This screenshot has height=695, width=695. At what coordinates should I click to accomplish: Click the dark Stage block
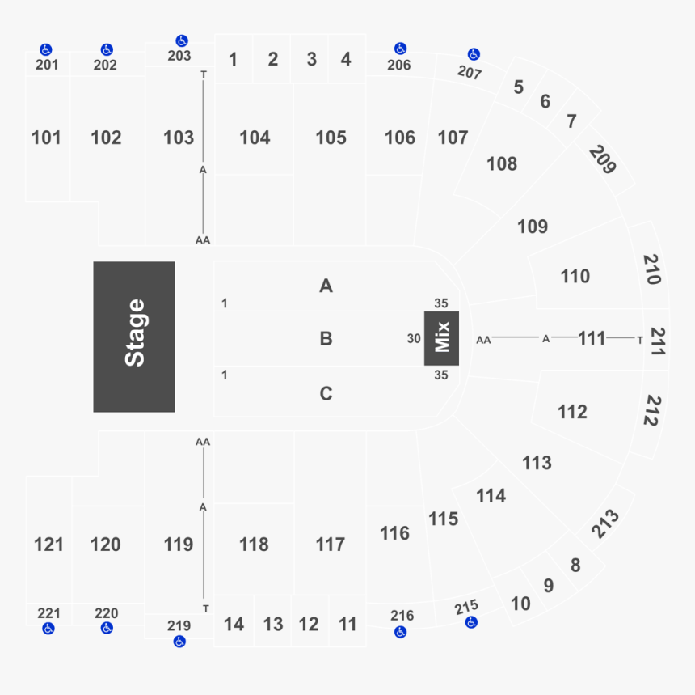pyautogui.click(x=134, y=337)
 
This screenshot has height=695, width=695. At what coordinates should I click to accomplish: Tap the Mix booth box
pyautogui.click(x=441, y=337)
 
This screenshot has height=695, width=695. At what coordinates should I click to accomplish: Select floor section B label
pyautogui.click(x=326, y=338)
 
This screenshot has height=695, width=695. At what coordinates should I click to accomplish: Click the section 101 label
pyautogui.click(x=46, y=138)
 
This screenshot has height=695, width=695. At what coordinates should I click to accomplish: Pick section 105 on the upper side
pyautogui.click(x=331, y=138)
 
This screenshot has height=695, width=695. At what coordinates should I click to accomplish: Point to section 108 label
pyautogui.click(x=502, y=163)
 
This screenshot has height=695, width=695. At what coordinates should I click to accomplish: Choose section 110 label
pyautogui.click(x=575, y=276)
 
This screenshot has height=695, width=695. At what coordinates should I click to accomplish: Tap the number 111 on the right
pyautogui.click(x=592, y=338)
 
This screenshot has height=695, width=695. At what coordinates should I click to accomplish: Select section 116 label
pyautogui.click(x=394, y=533)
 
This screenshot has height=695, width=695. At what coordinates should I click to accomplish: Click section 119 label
pyautogui.click(x=179, y=545)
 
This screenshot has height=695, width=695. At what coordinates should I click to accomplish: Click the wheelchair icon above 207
pyautogui.click(x=474, y=54)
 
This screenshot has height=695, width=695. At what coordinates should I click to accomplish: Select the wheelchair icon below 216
pyautogui.click(x=401, y=632)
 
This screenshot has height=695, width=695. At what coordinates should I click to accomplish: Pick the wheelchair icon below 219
pyautogui.click(x=179, y=642)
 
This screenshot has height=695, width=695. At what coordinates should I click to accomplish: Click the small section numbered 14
pyautogui.click(x=234, y=624)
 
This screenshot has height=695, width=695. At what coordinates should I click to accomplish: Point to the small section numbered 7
pyautogui.click(x=571, y=121)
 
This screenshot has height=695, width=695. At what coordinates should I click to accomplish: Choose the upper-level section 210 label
pyautogui.click(x=653, y=269)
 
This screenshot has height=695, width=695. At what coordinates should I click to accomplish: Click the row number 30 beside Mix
pyautogui.click(x=414, y=339)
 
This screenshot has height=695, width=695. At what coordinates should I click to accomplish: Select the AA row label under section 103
pyautogui.click(x=203, y=240)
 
